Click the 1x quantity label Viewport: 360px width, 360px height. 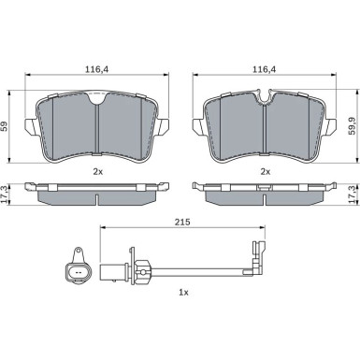coord(184,295)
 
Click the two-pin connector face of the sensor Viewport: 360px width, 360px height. coord(78,272)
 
